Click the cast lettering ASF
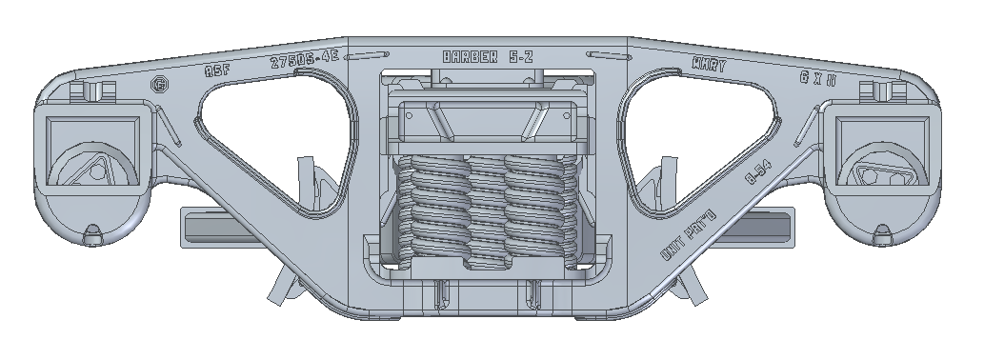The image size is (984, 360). pyautogui.click(x=218, y=70)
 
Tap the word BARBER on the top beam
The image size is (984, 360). pyautogui.click(x=470, y=56)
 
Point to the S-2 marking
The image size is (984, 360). pyautogui.click(x=518, y=56)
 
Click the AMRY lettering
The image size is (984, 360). pyautogui.click(x=709, y=67)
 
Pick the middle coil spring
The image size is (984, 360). pyautogui.click(x=488, y=210)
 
